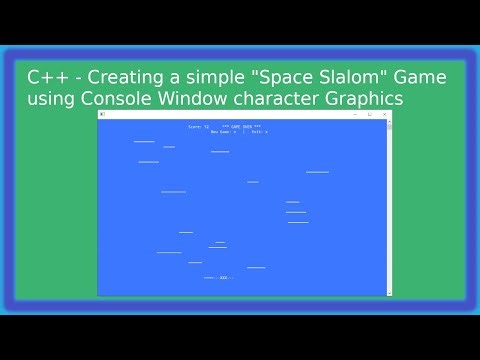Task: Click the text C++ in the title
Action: pos(42,77)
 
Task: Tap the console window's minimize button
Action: pos(355,114)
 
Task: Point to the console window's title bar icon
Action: pos(102,114)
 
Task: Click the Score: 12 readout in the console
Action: pos(199,127)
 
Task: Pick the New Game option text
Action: pos(223,131)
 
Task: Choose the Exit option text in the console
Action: pos(259,131)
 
